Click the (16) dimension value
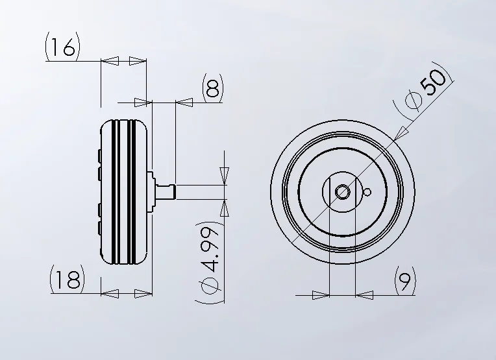pyautogui.click(x=62, y=47)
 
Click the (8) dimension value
pyautogui.click(x=212, y=88)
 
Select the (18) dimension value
pyautogui.click(x=68, y=279)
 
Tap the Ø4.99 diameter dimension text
pyautogui.click(x=210, y=262)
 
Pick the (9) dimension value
pyautogui.click(x=405, y=280)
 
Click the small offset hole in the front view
pyautogui.click(x=367, y=192)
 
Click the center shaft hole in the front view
pyautogui.click(x=342, y=192)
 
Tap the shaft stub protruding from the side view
pyautogui.click(x=166, y=192)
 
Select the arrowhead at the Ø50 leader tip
pyautogui.click(x=401, y=133)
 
